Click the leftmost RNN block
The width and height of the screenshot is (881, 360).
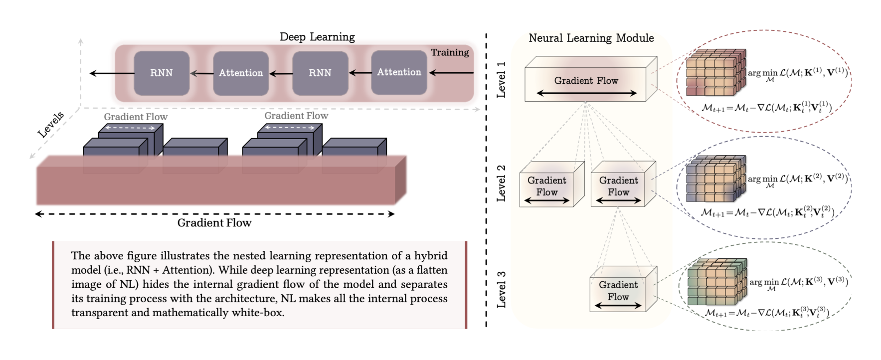pyautogui.click(x=162, y=73)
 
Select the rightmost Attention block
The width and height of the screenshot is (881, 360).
pyautogui.click(x=399, y=73)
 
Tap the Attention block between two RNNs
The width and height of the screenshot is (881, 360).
pyautogui.click(x=241, y=73)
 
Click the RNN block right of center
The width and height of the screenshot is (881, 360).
pyautogui.click(x=320, y=73)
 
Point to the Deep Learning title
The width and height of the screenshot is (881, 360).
pyautogui.click(x=317, y=37)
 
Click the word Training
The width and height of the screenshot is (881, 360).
pyautogui.click(x=450, y=52)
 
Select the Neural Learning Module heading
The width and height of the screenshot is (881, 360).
pyautogui.click(x=591, y=38)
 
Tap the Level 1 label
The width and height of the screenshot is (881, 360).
pyautogui.click(x=501, y=80)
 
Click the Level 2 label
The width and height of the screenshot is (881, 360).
pyautogui.click(x=501, y=183)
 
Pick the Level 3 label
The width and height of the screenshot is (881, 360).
pyautogui.click(x=501, y=289)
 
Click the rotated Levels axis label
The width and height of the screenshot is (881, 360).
pyautogui.click(x=51, y=125)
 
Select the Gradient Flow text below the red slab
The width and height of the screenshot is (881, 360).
pyautogui.click(x=214, y=223)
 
